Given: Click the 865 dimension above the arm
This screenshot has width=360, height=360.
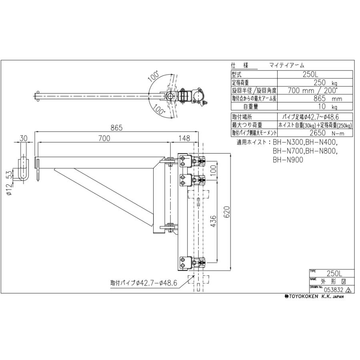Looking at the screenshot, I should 116,128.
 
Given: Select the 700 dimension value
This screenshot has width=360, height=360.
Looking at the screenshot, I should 104,138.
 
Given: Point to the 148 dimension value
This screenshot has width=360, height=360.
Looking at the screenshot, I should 184,138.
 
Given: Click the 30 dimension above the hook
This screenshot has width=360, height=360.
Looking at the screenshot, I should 23,138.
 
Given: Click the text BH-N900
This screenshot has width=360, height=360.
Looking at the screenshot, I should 288,159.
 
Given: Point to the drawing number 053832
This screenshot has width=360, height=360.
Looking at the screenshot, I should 333,290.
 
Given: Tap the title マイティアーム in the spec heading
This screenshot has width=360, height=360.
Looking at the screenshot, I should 286,65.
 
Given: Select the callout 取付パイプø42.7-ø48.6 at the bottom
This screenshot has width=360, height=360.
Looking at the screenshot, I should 144,282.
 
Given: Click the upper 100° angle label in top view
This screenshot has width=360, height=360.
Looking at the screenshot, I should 154,76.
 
